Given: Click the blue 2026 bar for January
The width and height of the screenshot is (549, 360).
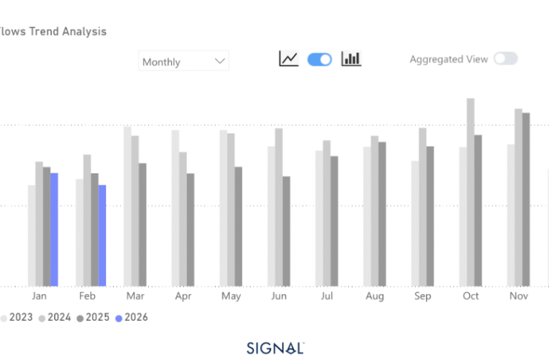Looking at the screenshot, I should tap(54, 229).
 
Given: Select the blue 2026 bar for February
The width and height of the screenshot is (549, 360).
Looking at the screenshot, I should tap(102, 235).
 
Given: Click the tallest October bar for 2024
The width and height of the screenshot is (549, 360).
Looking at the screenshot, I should tap(470, 192).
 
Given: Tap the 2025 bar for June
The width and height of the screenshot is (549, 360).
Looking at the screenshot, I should tap(286, 230).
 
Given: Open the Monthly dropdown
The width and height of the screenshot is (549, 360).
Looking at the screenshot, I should tap(184, 61).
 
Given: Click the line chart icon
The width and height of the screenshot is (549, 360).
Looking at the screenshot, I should tap(288, 59).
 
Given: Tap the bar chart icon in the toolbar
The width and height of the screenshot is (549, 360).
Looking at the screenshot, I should tap(351, 59).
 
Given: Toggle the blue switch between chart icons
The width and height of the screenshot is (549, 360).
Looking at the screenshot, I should tap(319, 59).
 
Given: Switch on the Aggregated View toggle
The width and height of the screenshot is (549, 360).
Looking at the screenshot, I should tap(505, 59).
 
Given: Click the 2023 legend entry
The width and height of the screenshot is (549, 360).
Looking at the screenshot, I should tap(16, 317).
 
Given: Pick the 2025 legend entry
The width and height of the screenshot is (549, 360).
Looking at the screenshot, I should tap(93, 317).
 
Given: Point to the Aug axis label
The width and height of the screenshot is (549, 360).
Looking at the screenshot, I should tap(375, 296).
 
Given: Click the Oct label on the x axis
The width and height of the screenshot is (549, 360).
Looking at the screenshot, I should tap(471, 296).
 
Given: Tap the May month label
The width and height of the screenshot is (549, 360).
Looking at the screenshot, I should tap(231, 296).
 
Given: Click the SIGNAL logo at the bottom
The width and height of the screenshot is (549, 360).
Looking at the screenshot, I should tap(275, 347).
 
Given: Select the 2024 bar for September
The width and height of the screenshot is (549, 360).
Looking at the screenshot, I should tap(422, 207).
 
